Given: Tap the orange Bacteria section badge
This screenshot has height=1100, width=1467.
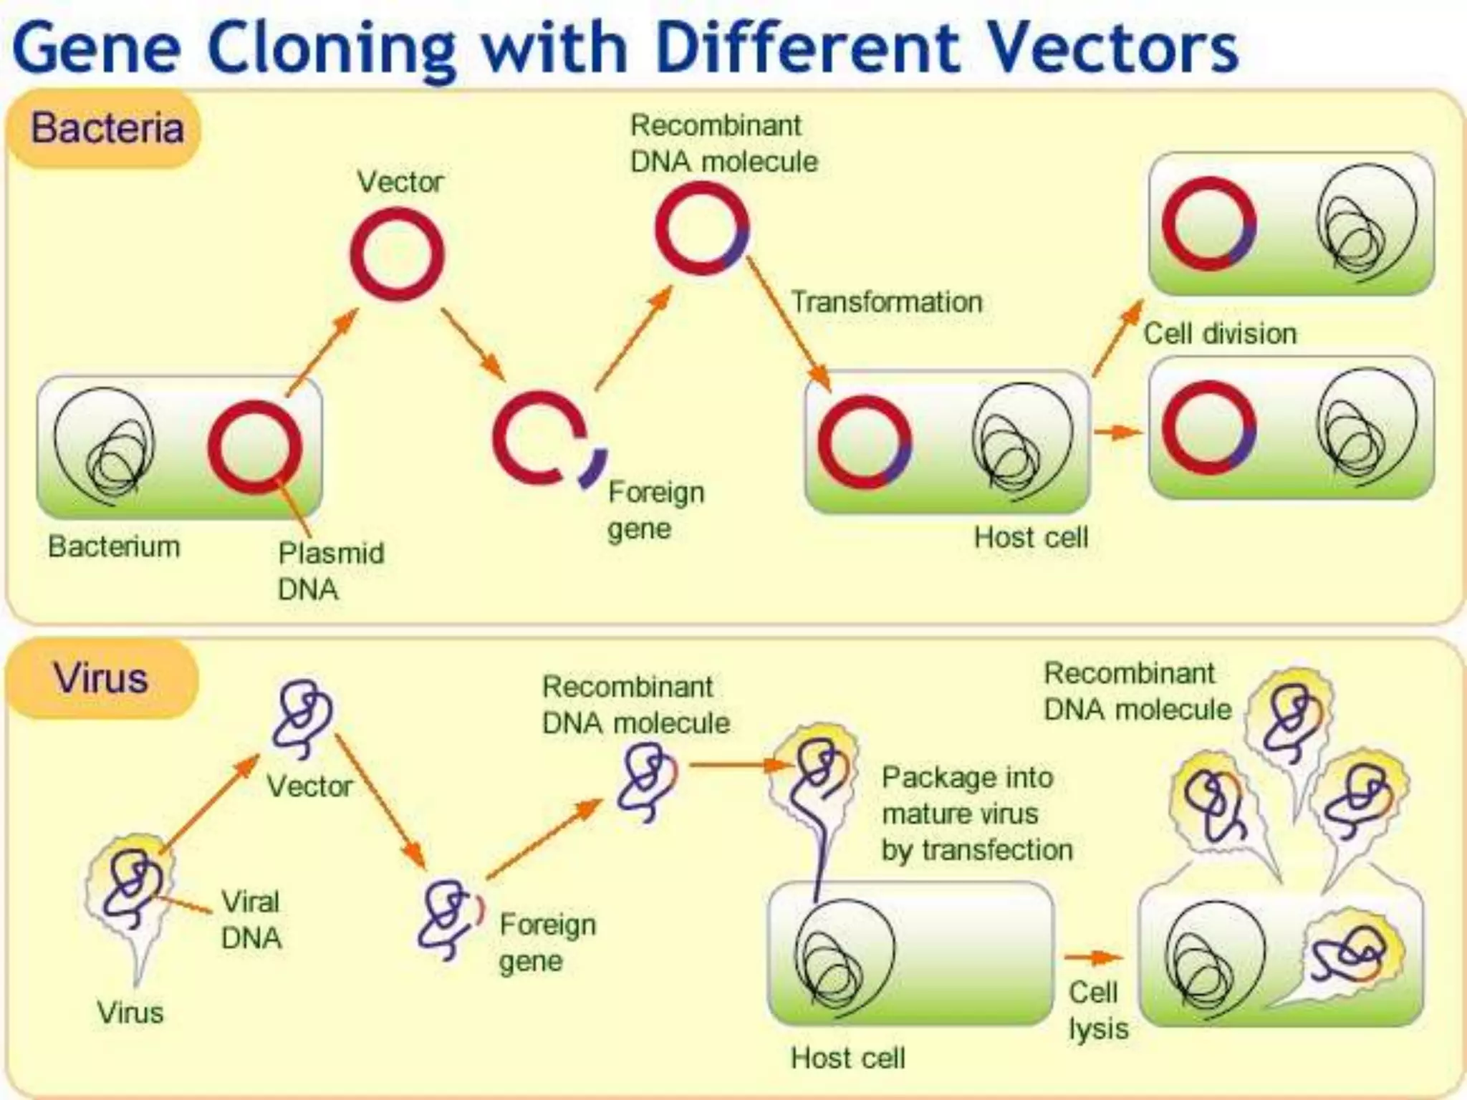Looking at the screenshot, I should tap(105, 129).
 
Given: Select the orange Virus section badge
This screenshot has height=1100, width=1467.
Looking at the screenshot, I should tap(101, 678).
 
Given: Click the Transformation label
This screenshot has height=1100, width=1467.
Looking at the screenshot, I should tap(886, 302).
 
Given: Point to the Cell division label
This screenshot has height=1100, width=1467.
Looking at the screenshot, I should tap(1220, 334).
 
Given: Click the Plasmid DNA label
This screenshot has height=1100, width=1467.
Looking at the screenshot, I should tap(330, 571).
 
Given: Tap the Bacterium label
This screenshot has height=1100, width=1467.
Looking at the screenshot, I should tap(114, 546).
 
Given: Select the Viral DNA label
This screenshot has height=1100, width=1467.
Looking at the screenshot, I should tap(251, 920).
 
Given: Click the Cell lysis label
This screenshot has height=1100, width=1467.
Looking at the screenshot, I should tap(1097, 1010).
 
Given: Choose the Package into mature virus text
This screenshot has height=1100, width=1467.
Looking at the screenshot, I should tap(976, 814).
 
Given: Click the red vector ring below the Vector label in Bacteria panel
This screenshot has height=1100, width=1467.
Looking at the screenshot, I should tap(397, 254).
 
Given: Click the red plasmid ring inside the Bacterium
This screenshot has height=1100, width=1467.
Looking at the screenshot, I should tap(254, 448).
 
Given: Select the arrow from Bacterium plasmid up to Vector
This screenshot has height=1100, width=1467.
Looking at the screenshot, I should tap(322, 352).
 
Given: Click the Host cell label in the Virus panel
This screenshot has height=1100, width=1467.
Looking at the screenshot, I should tap(847, 1058).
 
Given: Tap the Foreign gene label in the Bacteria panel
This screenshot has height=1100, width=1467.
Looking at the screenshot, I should tap(655, 510).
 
